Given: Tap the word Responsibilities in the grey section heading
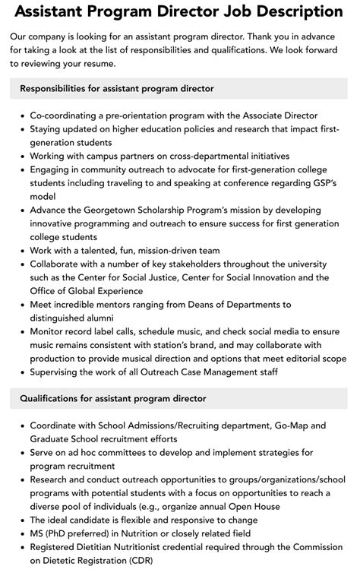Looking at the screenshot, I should point(61,89).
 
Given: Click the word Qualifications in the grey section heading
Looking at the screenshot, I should point(55,398).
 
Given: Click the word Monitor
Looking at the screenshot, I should point(49,332).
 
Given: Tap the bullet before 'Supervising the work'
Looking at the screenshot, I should point(22,372).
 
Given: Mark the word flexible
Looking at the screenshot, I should point(147,520).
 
